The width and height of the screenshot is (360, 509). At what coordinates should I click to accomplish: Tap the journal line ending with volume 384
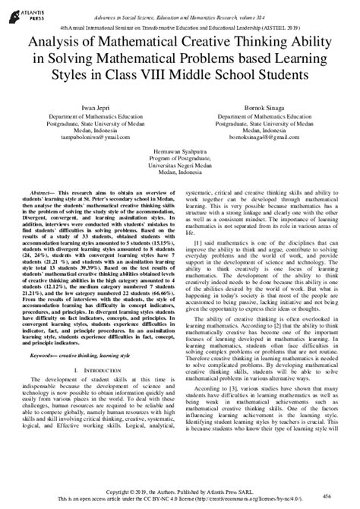tap(180, 17)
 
